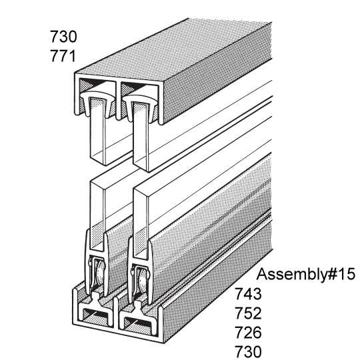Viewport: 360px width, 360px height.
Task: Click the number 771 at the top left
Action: [x=63, y=56]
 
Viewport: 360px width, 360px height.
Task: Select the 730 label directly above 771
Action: [x=63, y=37]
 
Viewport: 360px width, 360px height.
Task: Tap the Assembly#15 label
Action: [x=305, y=275]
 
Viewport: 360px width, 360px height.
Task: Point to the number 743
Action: [x=248, y=293]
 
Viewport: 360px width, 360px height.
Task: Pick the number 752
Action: [x=248, y=313]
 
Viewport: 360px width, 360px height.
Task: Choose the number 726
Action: [x=248, y=332]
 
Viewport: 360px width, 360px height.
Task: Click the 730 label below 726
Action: [x=248, y=351]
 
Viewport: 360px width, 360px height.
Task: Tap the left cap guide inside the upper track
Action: [x=97, y=101]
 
